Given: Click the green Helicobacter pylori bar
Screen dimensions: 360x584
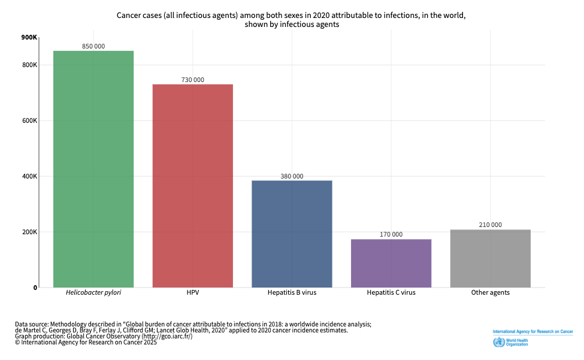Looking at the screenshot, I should coord(93,169).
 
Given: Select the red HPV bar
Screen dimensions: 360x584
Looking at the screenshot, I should coord(192,186).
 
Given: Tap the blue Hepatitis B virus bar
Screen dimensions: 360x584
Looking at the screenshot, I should coord(292,234).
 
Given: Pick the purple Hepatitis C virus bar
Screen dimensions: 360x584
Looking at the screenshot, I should coord(391,263).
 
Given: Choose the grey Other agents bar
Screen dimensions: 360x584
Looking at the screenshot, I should coord(490,258).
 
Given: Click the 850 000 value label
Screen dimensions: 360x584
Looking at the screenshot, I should coord(93,46).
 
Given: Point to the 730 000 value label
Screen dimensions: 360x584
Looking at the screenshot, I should coord(192,80).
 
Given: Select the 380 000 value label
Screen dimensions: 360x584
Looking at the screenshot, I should coord(292,176).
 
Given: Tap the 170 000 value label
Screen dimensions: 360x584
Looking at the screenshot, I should coord(391,235).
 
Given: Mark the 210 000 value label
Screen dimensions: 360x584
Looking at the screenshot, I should coord(490,225).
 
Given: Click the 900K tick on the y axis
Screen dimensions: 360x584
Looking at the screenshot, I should coord(29,38).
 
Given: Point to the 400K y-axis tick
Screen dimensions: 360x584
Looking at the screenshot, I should coord(30,177).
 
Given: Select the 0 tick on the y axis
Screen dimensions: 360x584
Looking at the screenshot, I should coord(35,288).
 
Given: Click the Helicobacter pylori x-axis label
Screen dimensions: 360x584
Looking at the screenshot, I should coord(93,294).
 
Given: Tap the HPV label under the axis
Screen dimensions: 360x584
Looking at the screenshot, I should coord(192,294).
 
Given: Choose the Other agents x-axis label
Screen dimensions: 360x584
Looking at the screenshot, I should coord(490,294).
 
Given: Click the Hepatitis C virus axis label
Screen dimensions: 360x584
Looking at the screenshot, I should coord(391,294).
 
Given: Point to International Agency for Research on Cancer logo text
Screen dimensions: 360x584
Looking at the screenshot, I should coord(532,331).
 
